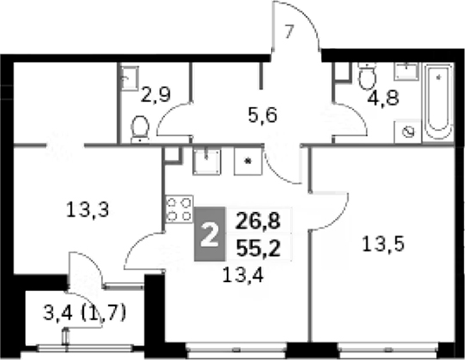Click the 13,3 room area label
click(x=87, y=209)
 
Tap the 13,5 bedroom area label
click(x=383, y=245)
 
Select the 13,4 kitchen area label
click(x=242, y=274)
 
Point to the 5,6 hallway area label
click(x=262, y=116)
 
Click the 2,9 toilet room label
click(x=156, y=95)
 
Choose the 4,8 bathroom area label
click(x=383, y=98)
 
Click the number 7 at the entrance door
click(x=289, y=32)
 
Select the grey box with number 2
click(x=210, y=234)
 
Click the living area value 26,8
click(x=258, y=221)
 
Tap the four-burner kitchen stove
click(x=179, y=209)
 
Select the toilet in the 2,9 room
click(x=140, y=129)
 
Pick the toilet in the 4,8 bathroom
click(x=367, y=76)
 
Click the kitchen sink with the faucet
click(x=207, y=162)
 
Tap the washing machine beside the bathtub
click(x=408, y=132)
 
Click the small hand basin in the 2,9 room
click(x=130, y=78)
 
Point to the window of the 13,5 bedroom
click(x=389, y=350)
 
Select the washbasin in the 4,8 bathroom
click(x=406, y=72)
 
